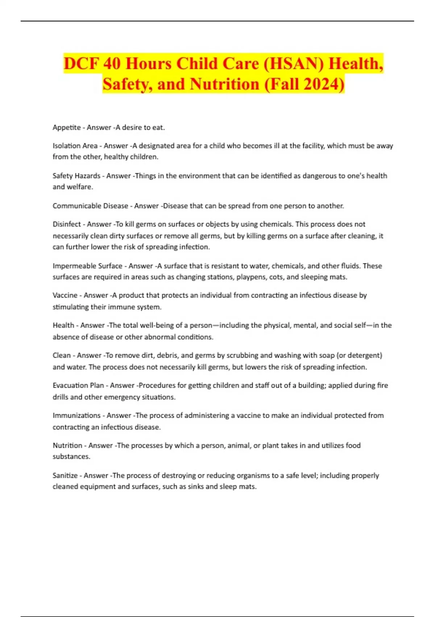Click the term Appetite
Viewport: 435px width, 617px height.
pos(67,127)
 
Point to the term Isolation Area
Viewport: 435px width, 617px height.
pos(75,146)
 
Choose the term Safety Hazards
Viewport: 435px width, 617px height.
pos(76,176)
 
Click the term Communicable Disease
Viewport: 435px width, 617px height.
pos(90,206)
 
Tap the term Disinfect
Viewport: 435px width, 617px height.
pos(67,224)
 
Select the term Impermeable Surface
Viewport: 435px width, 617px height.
pos(87,266)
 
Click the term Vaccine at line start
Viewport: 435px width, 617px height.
pos(65,295)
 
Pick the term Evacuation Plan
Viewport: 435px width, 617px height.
pos(78,385)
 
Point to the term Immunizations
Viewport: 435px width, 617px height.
pos(76,415)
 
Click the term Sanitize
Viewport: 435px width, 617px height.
pos(65,475)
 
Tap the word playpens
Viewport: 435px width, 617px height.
pos(251,277)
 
